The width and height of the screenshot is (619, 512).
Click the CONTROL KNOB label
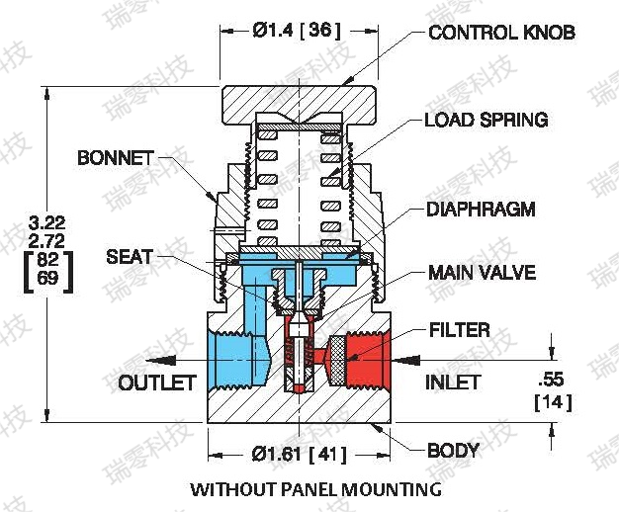coord(501,33)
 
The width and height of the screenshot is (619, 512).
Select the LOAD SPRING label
coord(486,121)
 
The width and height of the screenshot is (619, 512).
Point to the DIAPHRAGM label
coord(481,210)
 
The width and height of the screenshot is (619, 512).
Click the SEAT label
coord(129,257)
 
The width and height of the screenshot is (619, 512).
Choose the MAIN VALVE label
coord(482,272)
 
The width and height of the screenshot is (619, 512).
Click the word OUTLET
coord(157,383)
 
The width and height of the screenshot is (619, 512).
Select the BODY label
coord(453,451)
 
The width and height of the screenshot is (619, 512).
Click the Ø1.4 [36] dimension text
coord(296,31)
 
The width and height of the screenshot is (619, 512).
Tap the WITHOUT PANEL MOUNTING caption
coord(315,489)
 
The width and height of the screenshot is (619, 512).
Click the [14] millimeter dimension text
coord(552,402)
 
